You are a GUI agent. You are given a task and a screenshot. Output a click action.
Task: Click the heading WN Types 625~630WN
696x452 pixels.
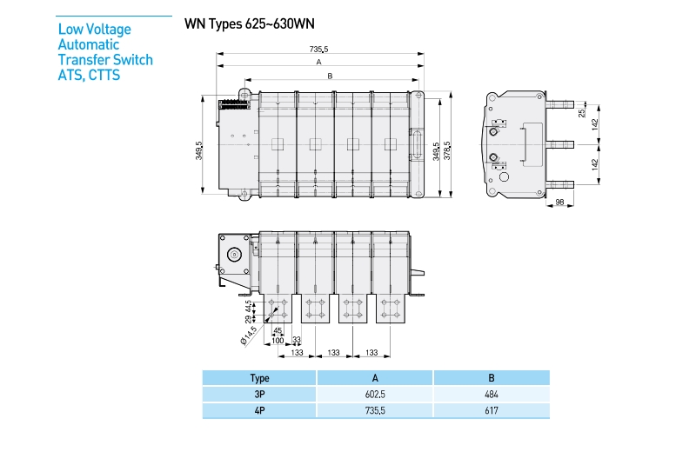click(249, 23)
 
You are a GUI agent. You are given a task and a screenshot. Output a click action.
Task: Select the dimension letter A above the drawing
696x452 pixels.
click(319, 63)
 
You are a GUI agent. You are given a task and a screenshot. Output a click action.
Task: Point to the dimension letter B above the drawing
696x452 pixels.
click(330, 76)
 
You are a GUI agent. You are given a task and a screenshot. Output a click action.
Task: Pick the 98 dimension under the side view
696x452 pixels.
click(559, 203)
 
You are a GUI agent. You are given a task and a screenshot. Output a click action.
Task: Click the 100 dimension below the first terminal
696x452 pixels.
click(278, 339)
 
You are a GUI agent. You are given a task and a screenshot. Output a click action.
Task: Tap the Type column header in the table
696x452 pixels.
click(259, 378)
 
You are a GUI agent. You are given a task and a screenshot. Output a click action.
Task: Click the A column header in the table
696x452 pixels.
click(375, 378)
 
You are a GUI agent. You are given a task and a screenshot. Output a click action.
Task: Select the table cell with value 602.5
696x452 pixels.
click(375, 395)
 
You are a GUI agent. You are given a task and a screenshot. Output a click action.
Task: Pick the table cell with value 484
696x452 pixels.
click(492, 395)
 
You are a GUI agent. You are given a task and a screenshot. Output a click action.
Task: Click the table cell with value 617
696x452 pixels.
click(492, 411)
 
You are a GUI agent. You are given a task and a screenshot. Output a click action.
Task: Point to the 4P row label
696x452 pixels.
click(259, 411)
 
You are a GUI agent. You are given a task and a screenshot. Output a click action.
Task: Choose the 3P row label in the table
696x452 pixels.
click(259, 395)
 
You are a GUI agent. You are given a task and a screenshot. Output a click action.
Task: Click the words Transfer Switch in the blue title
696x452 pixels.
click(105, 60)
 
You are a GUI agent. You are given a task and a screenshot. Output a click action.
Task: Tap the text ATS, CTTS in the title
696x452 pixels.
click(89, 75)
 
